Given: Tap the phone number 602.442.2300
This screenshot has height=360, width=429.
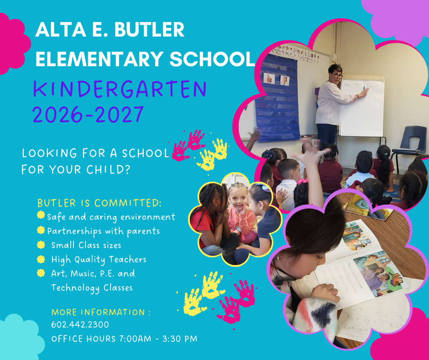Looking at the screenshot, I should click(x=80, y=325).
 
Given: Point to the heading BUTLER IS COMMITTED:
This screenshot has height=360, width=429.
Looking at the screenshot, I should click(x=99, y=203).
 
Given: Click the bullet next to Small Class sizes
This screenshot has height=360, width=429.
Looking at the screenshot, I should click(x=42, y=245).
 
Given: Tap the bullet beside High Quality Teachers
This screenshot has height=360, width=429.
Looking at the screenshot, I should click(x=42, y=259).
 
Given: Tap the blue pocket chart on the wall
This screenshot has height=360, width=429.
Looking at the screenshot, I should click(x=277, y=101).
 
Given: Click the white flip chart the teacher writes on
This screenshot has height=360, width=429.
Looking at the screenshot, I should click(x=361, y=107).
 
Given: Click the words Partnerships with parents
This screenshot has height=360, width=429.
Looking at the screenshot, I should click(x=103, y=231).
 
